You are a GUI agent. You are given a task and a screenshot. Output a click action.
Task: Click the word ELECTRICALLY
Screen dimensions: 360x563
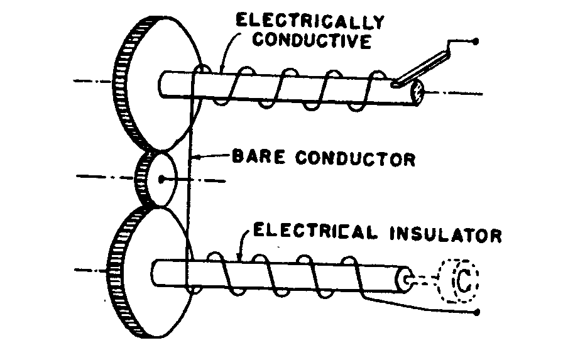(309, 21)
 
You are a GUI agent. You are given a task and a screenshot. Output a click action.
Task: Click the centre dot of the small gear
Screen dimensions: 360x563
(162, 179)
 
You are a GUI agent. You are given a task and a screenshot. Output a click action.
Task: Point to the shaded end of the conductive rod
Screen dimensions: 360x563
(416, 94)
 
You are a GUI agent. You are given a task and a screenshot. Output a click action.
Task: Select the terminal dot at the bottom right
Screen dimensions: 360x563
(478, 312)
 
